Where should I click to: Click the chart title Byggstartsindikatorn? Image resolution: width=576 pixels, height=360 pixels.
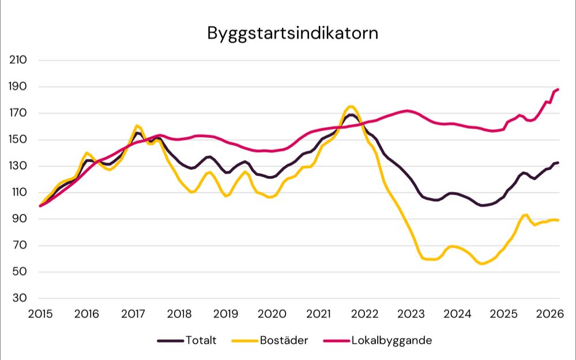293,33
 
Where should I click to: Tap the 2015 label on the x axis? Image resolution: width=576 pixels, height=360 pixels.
40,314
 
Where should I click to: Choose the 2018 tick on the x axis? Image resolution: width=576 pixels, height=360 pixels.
179,314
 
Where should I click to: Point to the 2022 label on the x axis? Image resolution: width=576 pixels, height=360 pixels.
364,314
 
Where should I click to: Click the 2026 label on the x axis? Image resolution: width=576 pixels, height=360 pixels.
549,314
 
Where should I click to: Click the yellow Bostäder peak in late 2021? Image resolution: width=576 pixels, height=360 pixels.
351,106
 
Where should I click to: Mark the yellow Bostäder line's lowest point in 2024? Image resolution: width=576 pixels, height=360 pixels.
481,264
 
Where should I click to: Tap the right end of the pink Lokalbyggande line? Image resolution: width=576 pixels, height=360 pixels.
558,89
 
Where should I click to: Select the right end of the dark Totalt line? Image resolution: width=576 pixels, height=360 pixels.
558,163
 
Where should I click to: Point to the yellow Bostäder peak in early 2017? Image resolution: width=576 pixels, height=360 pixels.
137,125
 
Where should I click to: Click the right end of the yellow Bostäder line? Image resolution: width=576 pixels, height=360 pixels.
558,220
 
